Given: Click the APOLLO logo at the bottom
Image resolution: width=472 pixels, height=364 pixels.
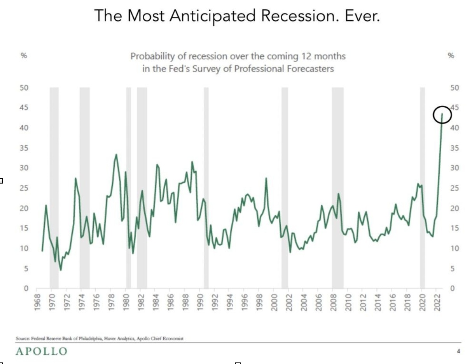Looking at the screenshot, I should click(41, 352).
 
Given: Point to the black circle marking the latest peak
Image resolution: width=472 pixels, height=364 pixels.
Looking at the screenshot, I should click(442, 115).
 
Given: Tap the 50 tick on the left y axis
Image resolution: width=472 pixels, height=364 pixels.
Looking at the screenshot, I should click(24, 88).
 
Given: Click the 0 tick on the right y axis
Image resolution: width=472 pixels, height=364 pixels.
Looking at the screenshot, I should click(452, 289).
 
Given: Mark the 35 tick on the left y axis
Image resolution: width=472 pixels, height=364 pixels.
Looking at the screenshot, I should click(24, 148).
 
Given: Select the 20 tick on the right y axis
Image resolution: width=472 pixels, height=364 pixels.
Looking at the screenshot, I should click(454, 208).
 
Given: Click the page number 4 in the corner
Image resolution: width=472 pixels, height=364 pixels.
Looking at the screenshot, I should click(458, 351).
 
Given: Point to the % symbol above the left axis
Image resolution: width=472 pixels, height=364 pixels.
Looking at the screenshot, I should click(24, 56).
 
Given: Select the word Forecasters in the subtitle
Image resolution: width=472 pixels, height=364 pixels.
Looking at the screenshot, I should click(309, 69).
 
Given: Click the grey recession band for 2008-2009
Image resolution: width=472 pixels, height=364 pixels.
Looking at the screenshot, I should click(337, 187).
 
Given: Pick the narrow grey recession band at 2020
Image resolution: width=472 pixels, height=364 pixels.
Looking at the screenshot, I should click(422, 187).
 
